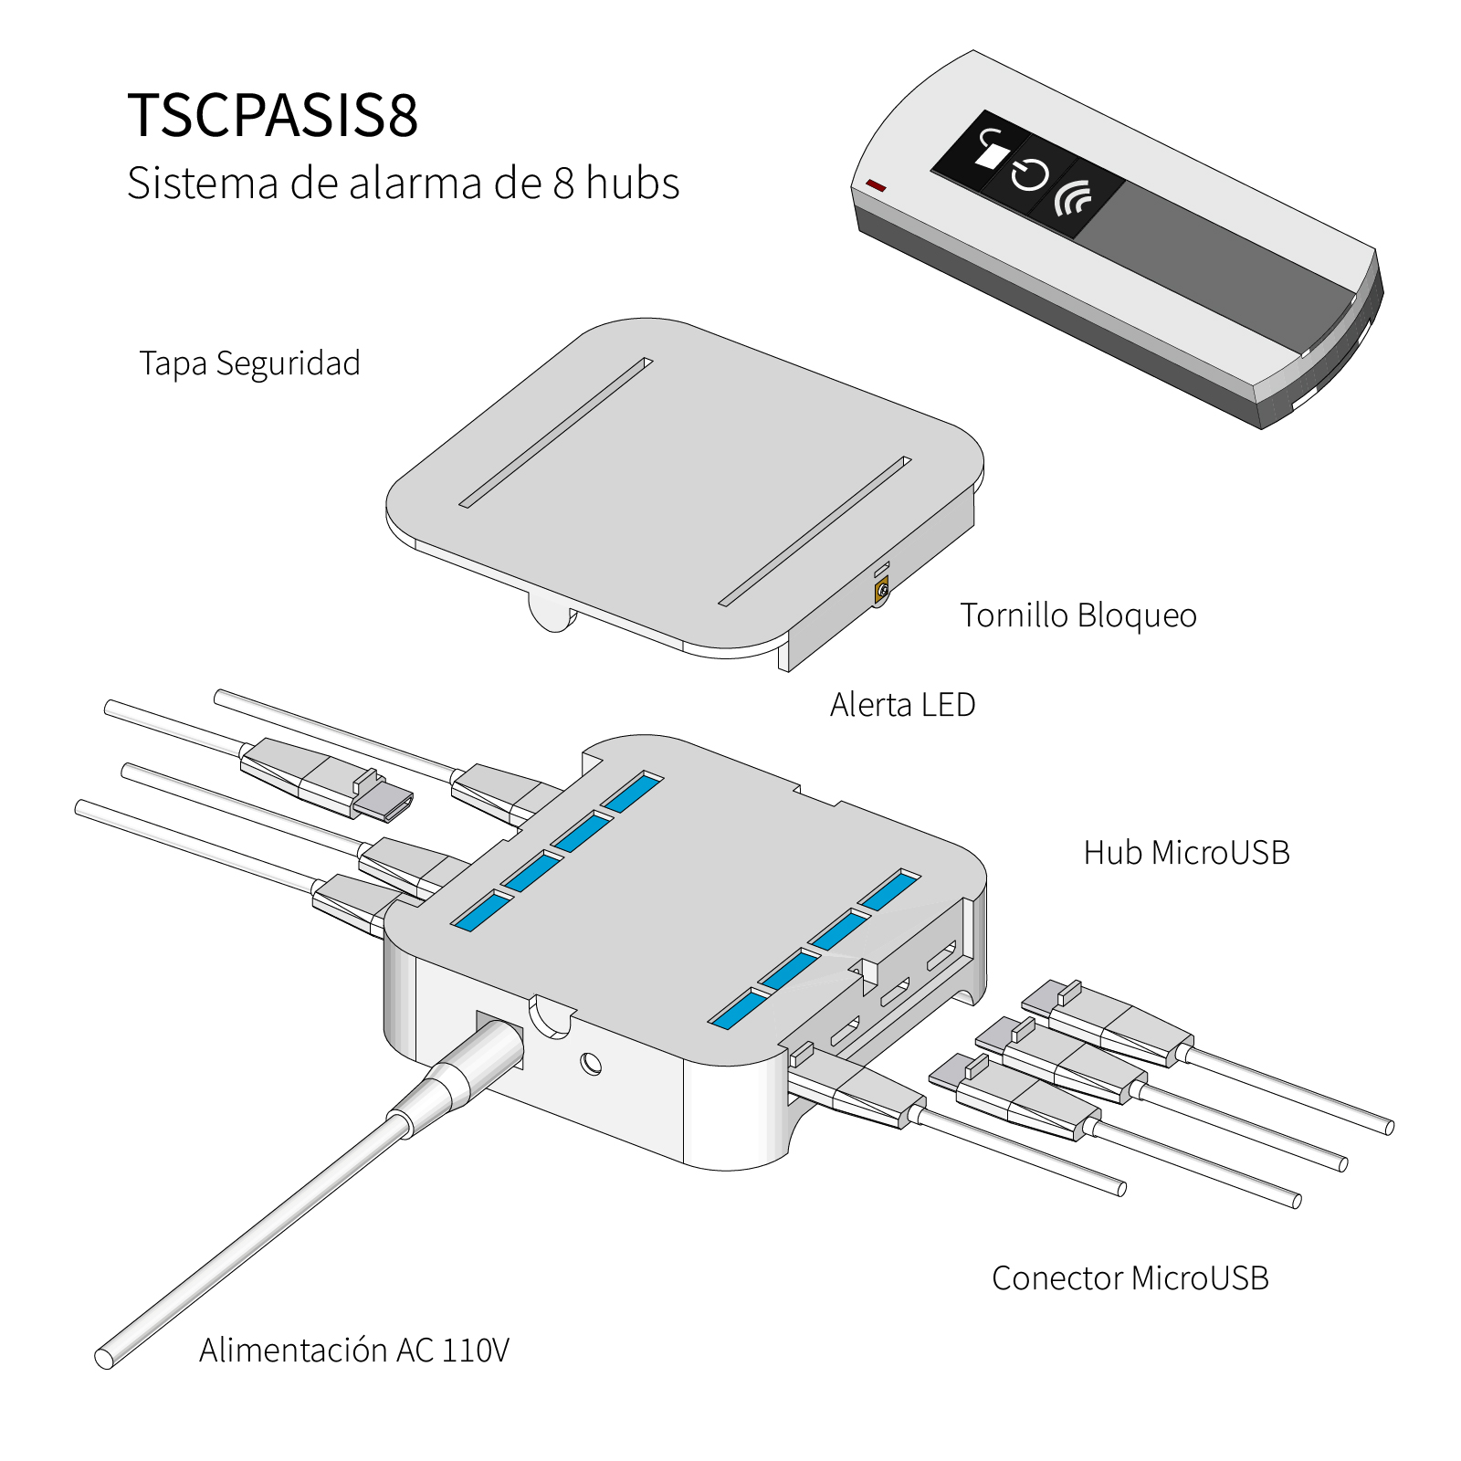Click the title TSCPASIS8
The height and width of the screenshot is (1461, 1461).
[x=272, y=115]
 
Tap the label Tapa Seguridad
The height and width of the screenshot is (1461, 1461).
[x=249, y=363]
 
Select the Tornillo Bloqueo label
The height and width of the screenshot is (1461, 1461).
[x=1077, y=615]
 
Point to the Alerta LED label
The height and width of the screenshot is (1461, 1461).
[x=902, y=705]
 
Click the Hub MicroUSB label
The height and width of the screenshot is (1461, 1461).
[x=1186, y=853]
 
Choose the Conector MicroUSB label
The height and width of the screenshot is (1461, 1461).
[x=1130, y=1278]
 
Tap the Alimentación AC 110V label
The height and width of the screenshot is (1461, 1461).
[x=354, y=1351]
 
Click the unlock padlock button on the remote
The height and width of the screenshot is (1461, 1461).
[x=990, y=148]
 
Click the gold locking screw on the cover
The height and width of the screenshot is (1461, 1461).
[x=882, y=591]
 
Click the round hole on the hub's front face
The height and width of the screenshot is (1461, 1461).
[x=592, y=1063]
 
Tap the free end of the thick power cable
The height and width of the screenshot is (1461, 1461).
[x=105, y=1358]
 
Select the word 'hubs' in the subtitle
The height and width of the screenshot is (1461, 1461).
[x=633, y=183]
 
